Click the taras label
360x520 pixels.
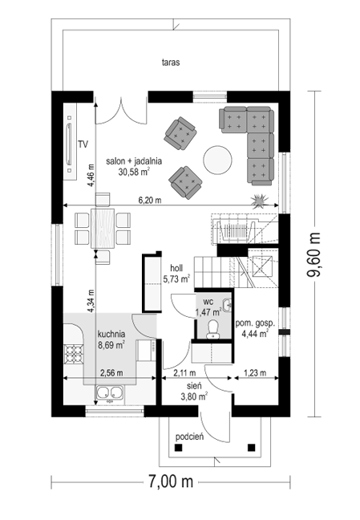pos(171,62)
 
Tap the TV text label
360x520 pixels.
pos(83,144)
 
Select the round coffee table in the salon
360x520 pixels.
pos(217,160)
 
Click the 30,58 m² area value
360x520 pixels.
pos(134,172)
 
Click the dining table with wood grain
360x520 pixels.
pos(103,228)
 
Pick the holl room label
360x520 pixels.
pos(176,268)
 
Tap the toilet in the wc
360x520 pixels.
pos(212,329)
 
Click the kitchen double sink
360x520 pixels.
pos(110,393)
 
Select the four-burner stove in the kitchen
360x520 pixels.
pos(74,354)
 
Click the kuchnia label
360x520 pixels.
pos(111,334)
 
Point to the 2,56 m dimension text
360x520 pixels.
pos(111,373)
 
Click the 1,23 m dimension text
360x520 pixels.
pos(255,373)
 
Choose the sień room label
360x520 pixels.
pos(194,385)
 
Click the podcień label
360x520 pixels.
pos(189,437)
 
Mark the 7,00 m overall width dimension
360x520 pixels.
pos(171,481)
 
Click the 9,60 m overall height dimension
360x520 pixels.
pos(314,254)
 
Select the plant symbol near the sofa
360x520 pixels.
pos(259,201)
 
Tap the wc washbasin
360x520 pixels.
pos(227,305)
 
